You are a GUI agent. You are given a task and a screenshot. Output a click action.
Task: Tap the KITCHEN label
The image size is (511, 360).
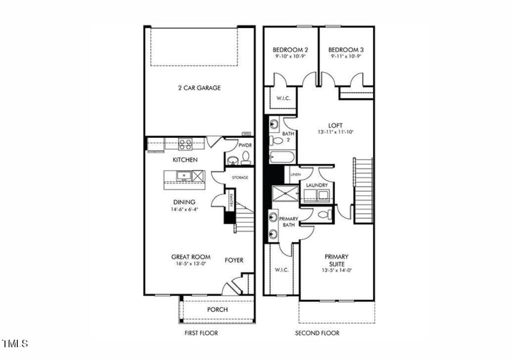coord(185,160)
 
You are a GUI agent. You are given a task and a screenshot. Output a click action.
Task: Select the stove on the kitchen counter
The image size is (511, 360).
coord(185,145)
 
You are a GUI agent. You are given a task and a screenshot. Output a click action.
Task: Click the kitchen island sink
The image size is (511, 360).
coord(183,175)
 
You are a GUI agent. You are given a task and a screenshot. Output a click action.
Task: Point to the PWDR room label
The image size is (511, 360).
coord(245,146)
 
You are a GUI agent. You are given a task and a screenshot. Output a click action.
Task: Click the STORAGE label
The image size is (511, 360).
coord(240,177)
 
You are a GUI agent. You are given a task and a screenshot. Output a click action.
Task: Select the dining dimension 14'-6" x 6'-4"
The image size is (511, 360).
coord(185,209)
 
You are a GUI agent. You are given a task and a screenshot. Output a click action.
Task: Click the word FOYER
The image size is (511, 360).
coord(234,260)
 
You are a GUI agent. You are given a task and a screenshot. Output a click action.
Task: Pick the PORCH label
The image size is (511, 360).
coord(217,310)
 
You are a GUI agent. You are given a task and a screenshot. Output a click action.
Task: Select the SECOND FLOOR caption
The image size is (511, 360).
coord(317,333)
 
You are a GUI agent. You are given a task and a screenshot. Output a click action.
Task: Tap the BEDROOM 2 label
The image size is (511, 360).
coord(291,50)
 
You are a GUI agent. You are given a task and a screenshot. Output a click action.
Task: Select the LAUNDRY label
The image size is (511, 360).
coord(317,186)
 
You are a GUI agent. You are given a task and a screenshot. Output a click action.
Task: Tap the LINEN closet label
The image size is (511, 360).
coord(295,174)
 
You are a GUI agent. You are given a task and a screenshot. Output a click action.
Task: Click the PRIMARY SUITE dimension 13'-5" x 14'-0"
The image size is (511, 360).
coord(335,270)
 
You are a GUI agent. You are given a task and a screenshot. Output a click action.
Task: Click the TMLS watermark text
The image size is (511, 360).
coord(15,344)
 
